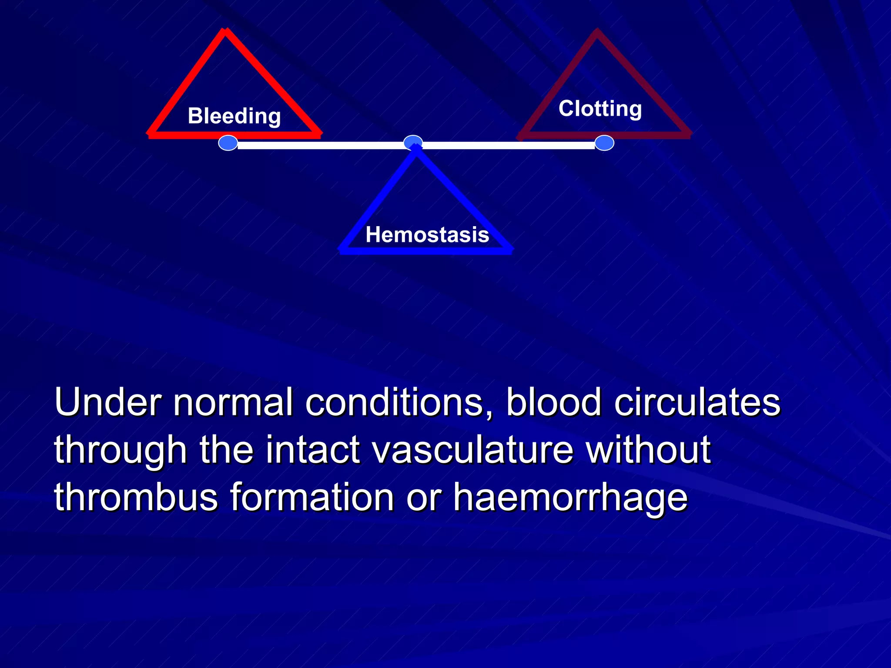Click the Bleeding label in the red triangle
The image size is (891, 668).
234,116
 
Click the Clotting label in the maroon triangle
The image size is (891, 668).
600,108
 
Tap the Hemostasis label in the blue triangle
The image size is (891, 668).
427,235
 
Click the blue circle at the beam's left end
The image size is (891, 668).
228,143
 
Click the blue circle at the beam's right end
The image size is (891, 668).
604,143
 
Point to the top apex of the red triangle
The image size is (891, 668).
225,31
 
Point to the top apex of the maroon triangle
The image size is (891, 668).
597,32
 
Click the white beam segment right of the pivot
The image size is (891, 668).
507,145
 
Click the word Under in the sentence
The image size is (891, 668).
107,402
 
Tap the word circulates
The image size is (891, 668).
697,402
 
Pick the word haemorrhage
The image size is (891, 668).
570,498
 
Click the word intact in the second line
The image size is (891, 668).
313,450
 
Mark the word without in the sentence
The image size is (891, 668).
648,450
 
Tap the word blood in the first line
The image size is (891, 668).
554,402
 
